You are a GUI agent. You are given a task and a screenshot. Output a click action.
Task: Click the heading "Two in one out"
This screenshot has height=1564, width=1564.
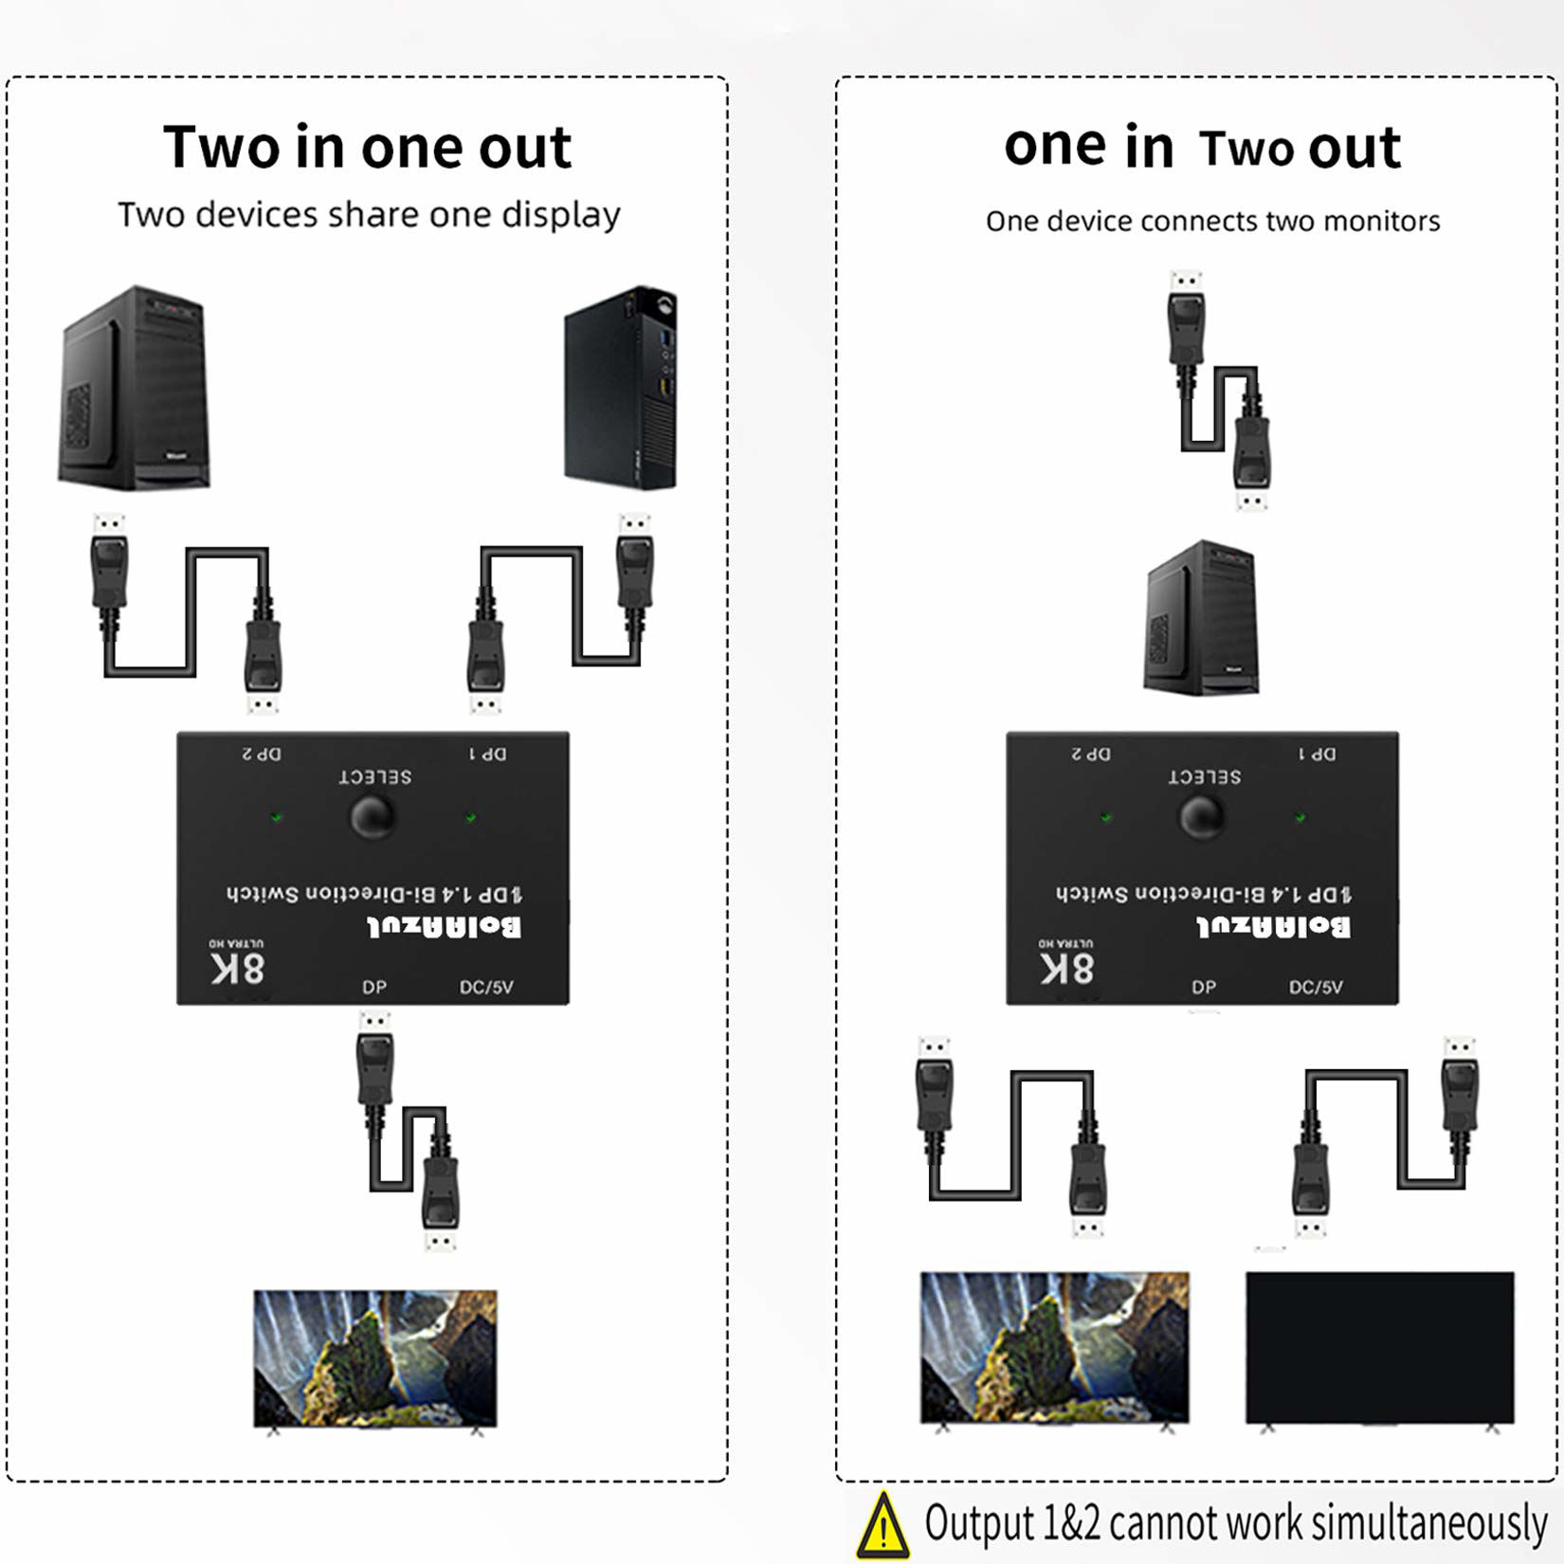[x=367, y=147]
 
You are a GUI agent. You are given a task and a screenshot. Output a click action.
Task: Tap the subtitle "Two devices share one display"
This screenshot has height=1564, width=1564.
[x=369, y=215]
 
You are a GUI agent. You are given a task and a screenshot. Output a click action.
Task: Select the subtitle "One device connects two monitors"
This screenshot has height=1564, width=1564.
[x=1212, y=221]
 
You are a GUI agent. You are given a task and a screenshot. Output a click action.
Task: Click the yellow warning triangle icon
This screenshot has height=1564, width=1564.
[x=882, y=1526]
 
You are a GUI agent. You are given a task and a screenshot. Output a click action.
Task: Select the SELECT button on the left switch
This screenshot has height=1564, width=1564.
[x=373, y=817]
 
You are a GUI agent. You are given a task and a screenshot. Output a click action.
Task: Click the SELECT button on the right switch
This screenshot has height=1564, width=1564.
[x=1202, y=817]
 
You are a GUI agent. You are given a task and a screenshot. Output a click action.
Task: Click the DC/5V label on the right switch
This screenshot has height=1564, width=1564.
[x=1316, y=987]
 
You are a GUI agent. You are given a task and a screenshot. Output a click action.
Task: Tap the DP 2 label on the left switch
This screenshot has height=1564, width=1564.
[x=262, y=754]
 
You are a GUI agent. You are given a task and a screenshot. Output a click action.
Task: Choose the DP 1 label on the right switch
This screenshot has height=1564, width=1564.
[x=1317, y=754]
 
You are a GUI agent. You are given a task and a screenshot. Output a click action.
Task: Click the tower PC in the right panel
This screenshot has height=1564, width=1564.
[x=1202, y=618]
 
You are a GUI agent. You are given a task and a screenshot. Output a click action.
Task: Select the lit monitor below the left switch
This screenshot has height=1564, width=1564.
[x=374, y=1357]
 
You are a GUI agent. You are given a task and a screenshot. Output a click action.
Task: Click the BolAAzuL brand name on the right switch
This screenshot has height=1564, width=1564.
[x=1273, y=926]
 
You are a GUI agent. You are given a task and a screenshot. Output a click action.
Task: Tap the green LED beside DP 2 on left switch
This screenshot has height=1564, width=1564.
[x=277, y=816]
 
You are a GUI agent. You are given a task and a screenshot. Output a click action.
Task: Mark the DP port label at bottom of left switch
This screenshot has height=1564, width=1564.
[x=374, y=987]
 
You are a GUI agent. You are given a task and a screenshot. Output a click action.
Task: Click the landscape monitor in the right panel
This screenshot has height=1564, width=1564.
[x=1054, y=1346]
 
